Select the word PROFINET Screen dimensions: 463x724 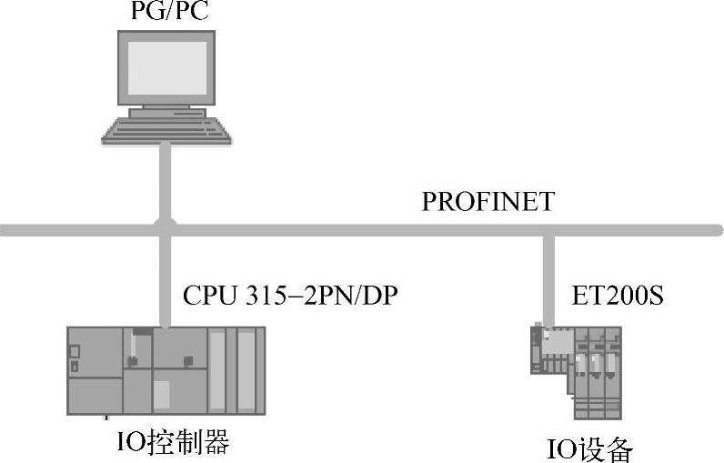tap(488, 201)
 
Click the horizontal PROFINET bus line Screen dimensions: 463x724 tap(364, 229)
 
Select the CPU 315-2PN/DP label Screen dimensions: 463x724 tap(291, 295)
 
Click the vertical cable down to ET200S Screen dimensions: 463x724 tap(548, 277)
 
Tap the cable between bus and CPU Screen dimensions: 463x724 tap(164, 282)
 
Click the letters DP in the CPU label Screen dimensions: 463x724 tap(382, 295)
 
